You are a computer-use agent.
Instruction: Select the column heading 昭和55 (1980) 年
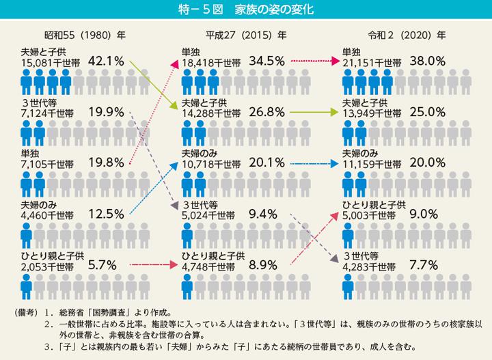pos(74,33)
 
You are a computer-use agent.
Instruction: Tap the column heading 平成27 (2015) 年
pos(246,33)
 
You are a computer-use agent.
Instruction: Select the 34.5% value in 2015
pos(266,60)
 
